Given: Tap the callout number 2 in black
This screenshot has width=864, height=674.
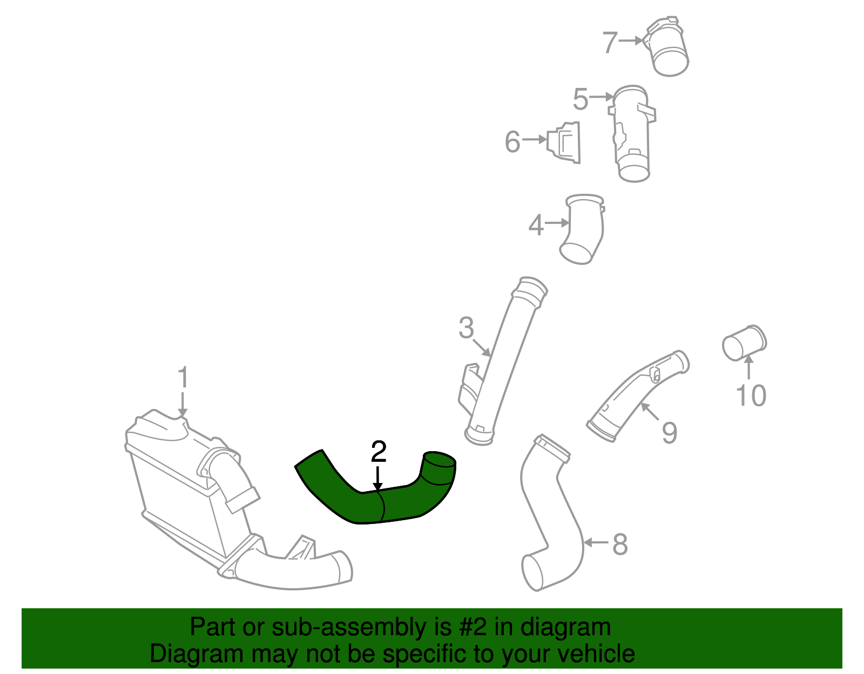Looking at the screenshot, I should (379, 452).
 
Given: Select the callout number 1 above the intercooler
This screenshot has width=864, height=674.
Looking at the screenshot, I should (183, 378).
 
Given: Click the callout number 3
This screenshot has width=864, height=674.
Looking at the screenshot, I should (466, 328).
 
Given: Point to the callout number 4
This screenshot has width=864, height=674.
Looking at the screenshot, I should (536, 225).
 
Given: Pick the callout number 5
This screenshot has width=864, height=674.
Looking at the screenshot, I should (580, 100).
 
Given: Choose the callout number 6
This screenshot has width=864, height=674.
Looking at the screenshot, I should (512, 142).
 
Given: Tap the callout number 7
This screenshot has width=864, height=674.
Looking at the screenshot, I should (610, 43).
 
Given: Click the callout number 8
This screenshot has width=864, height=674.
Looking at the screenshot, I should (620, 544).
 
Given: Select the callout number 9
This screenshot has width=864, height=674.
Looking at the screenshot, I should (670, 433).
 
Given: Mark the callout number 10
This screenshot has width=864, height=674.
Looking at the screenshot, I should (751, 396).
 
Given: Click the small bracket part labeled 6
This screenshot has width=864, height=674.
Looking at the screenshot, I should (565, 142).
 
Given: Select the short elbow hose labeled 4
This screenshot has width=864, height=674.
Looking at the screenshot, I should (583, 229).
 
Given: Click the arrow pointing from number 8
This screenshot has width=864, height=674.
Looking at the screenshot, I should (596, 542).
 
